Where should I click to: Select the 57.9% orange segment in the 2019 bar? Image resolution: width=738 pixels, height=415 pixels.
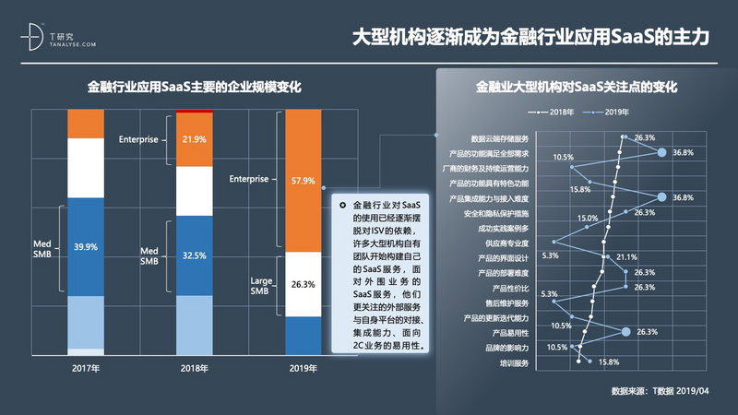click(302, 180)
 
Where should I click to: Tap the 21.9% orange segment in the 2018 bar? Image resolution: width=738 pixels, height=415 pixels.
click(194, 139)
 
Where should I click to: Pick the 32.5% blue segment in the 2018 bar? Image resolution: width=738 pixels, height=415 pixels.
click(194, 255)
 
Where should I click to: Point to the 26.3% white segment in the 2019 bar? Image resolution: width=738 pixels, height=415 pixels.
click(302, 284)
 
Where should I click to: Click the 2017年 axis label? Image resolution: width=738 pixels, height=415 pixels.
click(87, 367)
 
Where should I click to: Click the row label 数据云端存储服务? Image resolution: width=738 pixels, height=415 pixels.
click(499, 137)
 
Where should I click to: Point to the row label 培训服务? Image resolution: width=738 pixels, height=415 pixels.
click(514, 362)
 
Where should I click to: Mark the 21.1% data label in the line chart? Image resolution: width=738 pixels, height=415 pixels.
click(626, 257)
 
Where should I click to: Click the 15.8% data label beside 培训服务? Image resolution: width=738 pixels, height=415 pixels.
click(608, 362)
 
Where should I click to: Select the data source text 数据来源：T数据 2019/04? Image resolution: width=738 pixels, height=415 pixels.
click(660, 391)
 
